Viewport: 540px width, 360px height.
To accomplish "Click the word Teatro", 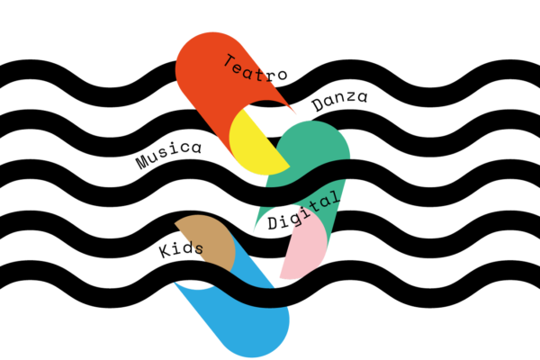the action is click(x=256, y=68).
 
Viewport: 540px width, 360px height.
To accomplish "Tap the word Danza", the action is click(x=339, y=100).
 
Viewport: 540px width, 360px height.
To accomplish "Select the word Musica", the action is click(x=168, y=154).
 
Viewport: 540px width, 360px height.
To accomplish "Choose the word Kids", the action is click(x=181, y=248).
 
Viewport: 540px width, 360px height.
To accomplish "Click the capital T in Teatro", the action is click(x=229, y=60).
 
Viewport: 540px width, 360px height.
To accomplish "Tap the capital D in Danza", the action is click(x=318, y=104).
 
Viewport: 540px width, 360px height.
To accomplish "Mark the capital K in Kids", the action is click(x=166, y=251).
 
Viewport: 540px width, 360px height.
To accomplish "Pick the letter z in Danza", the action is click(x=351, y=97).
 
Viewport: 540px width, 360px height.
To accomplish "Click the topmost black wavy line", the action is click(x=270, y=84).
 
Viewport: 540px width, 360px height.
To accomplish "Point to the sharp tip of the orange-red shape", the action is click(x=295, y=113).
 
